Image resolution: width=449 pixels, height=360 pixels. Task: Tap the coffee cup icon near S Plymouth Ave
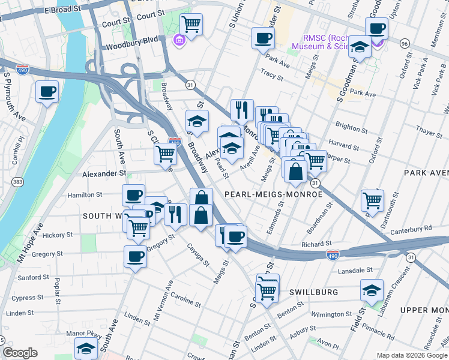[47, 92]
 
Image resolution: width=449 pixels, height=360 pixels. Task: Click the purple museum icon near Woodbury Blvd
[178, 40]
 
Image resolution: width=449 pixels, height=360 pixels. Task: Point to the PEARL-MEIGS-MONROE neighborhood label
[273, 194]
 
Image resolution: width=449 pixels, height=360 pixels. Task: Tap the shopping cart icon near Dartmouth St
[373, 200]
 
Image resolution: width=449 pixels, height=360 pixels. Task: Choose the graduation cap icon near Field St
[372, 290]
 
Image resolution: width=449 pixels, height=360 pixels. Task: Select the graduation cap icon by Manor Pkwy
[86, 348]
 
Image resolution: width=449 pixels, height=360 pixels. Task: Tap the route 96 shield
[405, 44]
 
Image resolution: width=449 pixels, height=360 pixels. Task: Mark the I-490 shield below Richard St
[332, 256]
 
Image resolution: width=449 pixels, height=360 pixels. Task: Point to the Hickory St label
[57, 235]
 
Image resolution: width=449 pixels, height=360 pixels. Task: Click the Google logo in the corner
[20, 353]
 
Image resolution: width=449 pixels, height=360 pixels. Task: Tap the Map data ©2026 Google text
[411, 355]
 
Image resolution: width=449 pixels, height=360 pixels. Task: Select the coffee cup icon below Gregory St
[135, 257]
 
